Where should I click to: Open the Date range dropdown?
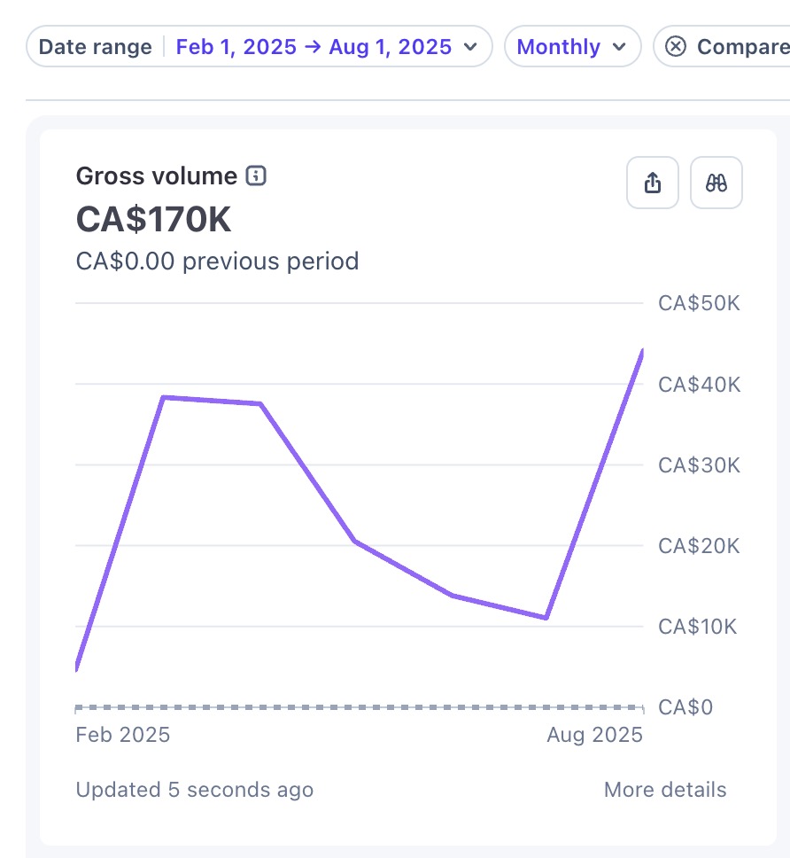[x=259, y=46]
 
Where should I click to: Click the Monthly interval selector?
[x=572, y=46]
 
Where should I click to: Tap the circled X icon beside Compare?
[x=676, y=46]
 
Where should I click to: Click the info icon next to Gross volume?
[x=256, y=175]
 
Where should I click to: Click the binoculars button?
[x=716, y=183]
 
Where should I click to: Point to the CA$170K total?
[x=153, y=220]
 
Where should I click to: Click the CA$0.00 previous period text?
[x=217, y=261]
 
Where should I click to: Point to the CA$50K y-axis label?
[x=699, y=303]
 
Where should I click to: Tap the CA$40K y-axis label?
[x=700, y=384]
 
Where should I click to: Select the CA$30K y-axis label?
[x=699, y=465]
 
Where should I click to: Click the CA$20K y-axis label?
[x=699, y=545]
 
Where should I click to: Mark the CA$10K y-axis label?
[x=697, y=627]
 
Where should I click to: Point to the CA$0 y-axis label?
[x=685, y=707]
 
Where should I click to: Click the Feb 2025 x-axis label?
[x=123, y=734]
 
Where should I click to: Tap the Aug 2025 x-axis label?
[x=595, y=734]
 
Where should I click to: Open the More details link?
[x=665, y=790]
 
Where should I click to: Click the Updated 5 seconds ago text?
[x=195, y=790]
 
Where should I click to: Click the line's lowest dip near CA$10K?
[x=546, y=618]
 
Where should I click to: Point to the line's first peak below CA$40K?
[x=164, y=397]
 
